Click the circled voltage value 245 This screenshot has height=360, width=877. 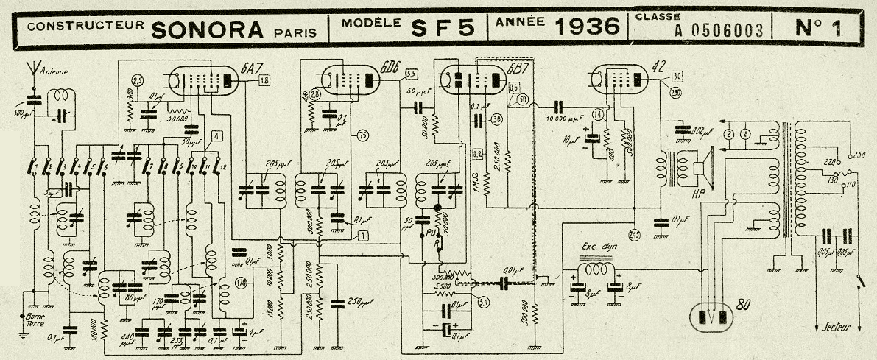tap(634, 235)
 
